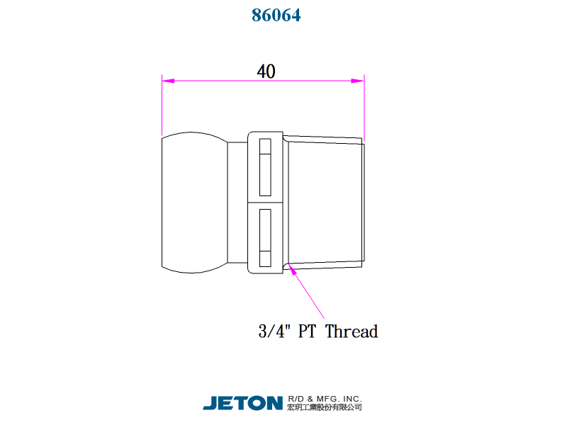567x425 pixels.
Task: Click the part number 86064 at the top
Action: [x=276, y=15]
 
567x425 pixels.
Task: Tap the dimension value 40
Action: [x=266, y=72]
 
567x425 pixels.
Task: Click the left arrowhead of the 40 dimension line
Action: [x=168, y=81]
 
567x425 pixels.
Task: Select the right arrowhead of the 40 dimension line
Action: [x=358, y=81]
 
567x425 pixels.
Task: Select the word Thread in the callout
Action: [x=352, y=331]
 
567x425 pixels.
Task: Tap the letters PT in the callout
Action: [x=307, y=331]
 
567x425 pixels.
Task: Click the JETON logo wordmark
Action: [x=242, y=403]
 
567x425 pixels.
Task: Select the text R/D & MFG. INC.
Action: [x=325, y=399]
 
